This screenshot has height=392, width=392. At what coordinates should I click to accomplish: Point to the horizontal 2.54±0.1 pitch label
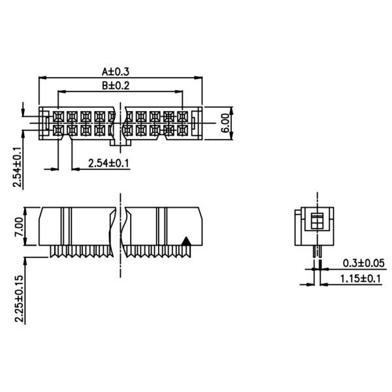click(109, 163)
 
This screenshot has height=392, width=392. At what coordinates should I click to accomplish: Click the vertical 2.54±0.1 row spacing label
click(17, 167)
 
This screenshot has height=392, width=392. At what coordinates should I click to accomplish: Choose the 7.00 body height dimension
click(19, 227)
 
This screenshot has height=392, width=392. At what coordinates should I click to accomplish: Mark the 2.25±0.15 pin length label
click(19, 297)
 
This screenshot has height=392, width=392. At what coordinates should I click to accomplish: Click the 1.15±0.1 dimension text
click(361, 279)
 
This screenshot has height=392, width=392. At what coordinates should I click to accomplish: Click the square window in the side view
click(317, 220)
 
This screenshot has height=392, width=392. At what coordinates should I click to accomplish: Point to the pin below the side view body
click(317, 252)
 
